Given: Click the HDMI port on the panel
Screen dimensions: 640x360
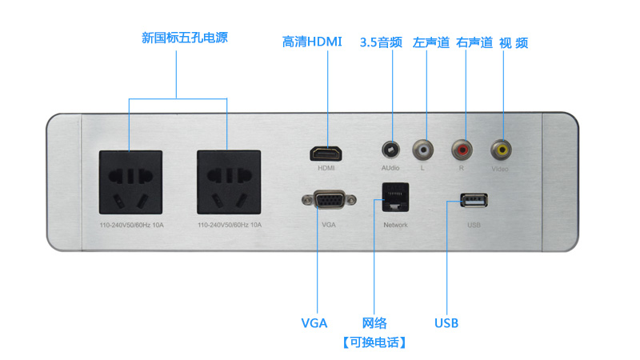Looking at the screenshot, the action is [x=327, y=153].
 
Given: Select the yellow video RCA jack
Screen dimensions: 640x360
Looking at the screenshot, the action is [x=502, y=149].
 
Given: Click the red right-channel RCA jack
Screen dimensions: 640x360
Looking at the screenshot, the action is [x=462, y=149].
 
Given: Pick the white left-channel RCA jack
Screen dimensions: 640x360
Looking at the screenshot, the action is [x=422, y=149].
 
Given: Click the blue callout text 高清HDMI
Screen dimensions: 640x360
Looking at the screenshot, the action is [x=312, y=42].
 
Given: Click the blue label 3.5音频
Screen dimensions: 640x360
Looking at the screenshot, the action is [x=381, y=42].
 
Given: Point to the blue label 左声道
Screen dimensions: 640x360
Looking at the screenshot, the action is [x=431, y=42].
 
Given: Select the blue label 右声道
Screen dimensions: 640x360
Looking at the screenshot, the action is [x=474, y=42].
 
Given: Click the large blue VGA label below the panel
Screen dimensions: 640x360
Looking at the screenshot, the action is [x=314, y=323].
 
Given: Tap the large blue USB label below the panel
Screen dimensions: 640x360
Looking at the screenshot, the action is [x=446, y=323].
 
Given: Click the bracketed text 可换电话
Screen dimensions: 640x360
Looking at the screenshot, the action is [x=374, y=342].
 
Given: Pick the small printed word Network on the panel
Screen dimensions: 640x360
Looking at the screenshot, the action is [x=395, y=225].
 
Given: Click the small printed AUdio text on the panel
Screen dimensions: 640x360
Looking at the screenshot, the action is [x=390, y=169].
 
